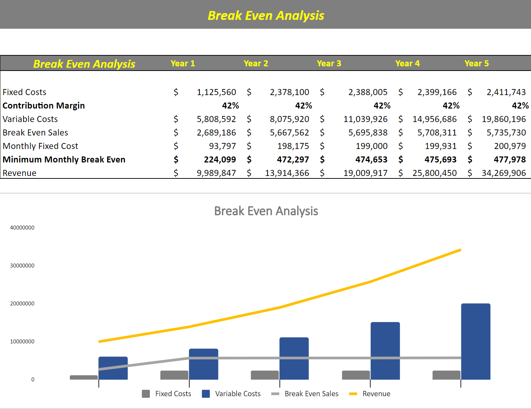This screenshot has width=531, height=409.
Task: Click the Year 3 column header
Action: tap(329, 63)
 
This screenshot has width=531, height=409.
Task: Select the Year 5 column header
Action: tap(476, 63)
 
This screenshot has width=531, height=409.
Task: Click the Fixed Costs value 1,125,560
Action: tap(216, 92)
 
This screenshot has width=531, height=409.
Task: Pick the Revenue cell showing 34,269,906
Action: tap(503, 173)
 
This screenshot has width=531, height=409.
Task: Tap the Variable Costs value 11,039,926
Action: tap(365, 119)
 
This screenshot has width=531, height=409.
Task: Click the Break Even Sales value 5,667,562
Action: tap(289, 133)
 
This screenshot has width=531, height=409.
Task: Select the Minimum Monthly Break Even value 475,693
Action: tap(440, 160)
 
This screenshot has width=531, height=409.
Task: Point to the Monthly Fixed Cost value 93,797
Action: tap(222, 146)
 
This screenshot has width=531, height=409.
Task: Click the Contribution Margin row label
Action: tap(44, 106)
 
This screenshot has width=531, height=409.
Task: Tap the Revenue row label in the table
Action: tap(20, 173)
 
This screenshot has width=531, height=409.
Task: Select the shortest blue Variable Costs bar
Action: tap(113, 368)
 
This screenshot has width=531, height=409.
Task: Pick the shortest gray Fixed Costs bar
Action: tap(84, 377)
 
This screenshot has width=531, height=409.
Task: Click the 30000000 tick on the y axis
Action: tap(22, 266)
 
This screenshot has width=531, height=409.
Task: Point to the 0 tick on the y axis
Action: tap(33, 380)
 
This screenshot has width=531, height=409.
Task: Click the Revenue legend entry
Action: tap(376, 394)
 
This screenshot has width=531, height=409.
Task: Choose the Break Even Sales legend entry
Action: tap(311, 394)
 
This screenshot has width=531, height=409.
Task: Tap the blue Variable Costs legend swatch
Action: tap(206, 394)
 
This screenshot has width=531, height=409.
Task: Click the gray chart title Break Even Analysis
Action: tap(266, 211)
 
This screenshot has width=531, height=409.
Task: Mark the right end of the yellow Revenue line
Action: tap(460, 250)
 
